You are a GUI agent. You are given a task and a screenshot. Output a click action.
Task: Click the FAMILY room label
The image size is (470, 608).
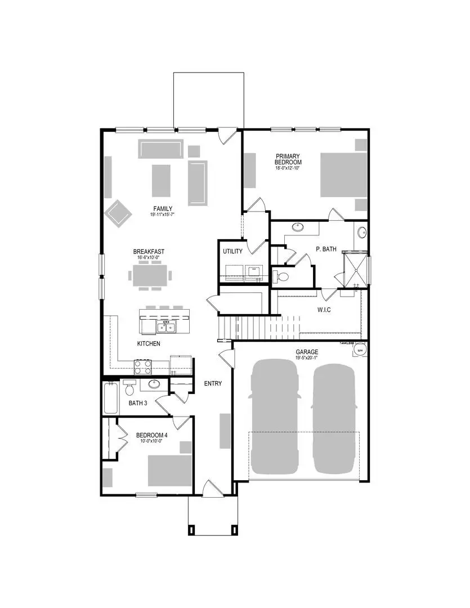click(163, 208)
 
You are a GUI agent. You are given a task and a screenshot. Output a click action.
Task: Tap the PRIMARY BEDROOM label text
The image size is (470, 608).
click(288, 160)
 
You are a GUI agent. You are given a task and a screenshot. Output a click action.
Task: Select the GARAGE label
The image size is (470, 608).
click(307, 352)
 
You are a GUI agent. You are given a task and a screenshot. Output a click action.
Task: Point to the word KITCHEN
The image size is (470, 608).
click(149, 343)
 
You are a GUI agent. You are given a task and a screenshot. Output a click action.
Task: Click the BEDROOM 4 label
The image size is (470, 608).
click(152, 435)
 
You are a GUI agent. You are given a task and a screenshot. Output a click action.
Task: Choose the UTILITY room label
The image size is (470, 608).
click(232, 252)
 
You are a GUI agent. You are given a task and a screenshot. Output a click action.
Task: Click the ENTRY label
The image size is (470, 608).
click(213, 384)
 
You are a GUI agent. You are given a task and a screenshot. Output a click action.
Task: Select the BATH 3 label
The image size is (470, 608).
click(138, 403)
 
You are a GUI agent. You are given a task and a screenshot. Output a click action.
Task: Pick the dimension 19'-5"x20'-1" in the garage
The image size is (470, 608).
click(307, 359)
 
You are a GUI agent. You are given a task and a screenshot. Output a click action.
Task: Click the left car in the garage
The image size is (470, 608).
click(275, 417)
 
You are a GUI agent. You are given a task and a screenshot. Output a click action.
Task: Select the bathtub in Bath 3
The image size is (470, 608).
click(111, 399)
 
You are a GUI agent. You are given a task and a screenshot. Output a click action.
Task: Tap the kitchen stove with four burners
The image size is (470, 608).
click(143, 367)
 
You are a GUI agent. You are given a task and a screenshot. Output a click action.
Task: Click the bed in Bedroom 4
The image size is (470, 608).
click(169, 471)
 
